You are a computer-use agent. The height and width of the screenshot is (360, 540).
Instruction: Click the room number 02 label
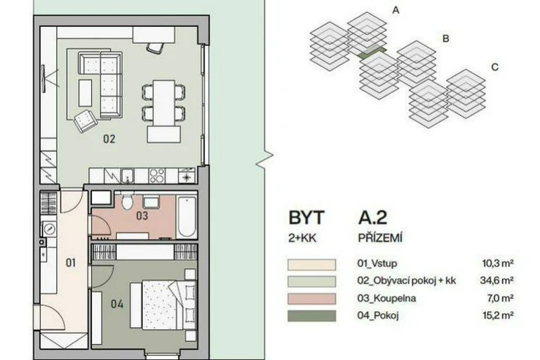pyautogui.click(x=109, y=139)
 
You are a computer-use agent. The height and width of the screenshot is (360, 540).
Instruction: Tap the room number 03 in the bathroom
pyautogui.click(x=142, y=215)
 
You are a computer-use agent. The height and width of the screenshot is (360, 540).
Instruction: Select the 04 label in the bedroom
pyautogui.click(x=117, y=304)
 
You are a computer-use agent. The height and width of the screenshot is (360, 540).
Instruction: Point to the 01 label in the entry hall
pyautogui.click(x=71, y=263)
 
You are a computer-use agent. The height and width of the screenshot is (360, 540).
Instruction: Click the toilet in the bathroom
pyautogui.click(x=127, y=201)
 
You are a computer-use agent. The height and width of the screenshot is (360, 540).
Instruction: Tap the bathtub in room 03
pyautogui.click(x=187, y=216)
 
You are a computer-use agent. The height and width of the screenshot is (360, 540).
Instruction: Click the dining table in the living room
pyautogui.click(x=163, y=103)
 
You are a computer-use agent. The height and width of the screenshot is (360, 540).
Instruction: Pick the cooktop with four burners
pyautogui.click(x=157, y=176)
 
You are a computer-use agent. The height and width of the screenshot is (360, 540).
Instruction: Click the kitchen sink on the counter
pyautogui.click(x=128, y=176)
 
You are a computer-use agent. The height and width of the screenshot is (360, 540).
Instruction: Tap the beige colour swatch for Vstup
pyautogui.click(x=312, y=264)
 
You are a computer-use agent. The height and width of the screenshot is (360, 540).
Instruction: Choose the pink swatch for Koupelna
pyautogui.click(x=312, y=299)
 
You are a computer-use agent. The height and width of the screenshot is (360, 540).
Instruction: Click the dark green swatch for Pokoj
pyautogui.click(x=312, y=316)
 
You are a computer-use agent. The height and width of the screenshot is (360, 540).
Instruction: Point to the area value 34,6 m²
pyautogui.click(x=497, y=280)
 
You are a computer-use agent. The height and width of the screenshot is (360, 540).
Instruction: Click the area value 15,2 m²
pyautogui.click(x=498, y=315)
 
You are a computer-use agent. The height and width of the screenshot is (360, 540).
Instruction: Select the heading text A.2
pyautogui.click(x=372, y=218)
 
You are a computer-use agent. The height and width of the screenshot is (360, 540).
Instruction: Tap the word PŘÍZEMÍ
pyautogui.click(x=380, y=238)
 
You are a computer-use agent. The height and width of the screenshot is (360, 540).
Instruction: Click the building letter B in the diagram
pyautogui.click(x=446, y=39)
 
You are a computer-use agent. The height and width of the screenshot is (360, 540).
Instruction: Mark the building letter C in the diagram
pyautogui.click(x=495, y=67)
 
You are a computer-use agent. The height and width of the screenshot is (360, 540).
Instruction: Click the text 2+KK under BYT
pyautogui.click(x=302, y=238)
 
